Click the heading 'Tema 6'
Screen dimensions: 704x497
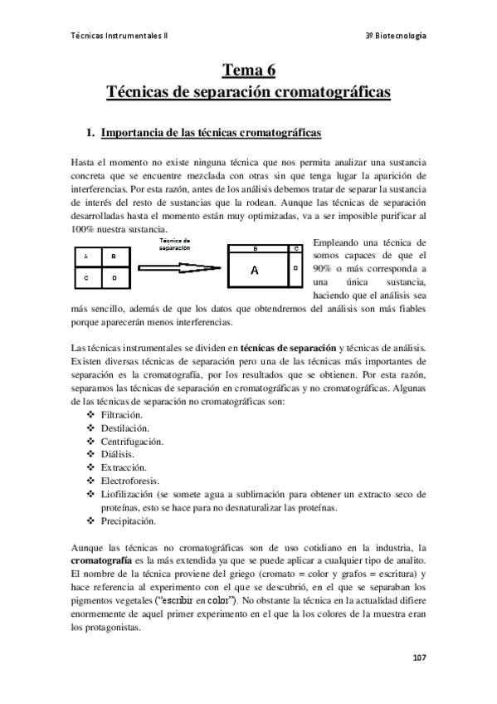(x=248, y=71)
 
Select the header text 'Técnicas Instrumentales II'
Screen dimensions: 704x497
(x=119, y=36)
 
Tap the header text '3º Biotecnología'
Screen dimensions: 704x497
(x=397, y=36)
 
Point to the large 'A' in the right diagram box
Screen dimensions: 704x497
(x=255, y=271)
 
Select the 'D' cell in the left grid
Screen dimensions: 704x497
(x=115, y=278)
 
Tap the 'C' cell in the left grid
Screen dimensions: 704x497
(x=86, y=278)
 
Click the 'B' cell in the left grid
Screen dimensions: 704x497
(x=115, y=257)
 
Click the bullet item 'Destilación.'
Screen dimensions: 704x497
(x=124, y=428)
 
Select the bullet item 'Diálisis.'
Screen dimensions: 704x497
(x=117, y=454)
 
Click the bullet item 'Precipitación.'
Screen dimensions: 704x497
(x=128, y=521)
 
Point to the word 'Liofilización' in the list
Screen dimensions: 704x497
(x=129, y=494)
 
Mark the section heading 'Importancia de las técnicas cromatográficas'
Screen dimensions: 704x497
(x=211, y=132)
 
